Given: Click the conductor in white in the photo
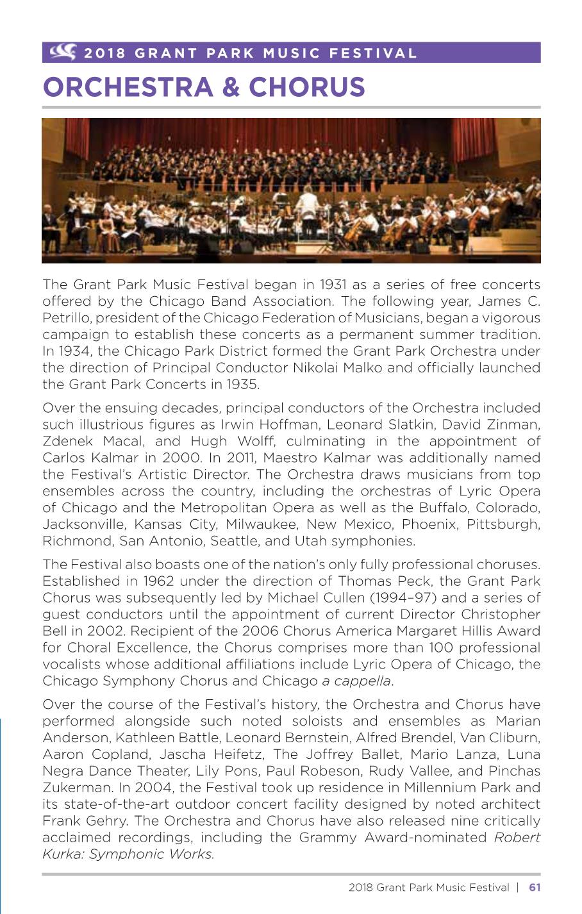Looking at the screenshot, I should coord(307,204).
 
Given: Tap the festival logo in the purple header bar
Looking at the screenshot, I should coord(63,51).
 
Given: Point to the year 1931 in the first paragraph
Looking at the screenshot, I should coord(335,285).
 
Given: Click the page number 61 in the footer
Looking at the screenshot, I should coord(535,888).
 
